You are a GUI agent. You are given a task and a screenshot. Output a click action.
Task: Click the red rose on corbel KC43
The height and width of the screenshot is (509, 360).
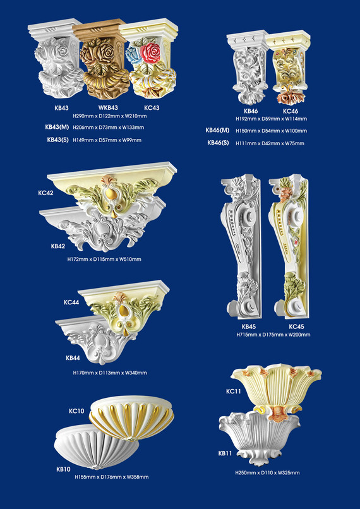150,52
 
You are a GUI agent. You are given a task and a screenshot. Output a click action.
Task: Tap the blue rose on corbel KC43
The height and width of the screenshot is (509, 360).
133,54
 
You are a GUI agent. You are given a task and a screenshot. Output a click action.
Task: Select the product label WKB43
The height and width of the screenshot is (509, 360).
108,107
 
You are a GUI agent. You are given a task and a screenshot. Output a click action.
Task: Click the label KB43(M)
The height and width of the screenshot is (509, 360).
57,127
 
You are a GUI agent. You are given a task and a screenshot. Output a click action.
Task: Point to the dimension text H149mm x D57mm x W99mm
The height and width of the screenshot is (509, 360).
107,140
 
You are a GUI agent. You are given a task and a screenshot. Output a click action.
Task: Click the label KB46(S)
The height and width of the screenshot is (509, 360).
218,143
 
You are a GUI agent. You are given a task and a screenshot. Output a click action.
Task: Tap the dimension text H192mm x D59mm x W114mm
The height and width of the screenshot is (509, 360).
271,119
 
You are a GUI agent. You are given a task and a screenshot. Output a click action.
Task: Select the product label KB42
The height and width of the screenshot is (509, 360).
58,246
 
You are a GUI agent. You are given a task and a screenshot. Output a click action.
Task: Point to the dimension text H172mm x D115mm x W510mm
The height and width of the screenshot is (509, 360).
104,260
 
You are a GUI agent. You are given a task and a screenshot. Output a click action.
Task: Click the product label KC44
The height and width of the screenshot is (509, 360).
71,302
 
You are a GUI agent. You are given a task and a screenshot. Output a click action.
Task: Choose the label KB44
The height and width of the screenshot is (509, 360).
73,357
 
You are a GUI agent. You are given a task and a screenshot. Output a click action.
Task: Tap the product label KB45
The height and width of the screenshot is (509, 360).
249,326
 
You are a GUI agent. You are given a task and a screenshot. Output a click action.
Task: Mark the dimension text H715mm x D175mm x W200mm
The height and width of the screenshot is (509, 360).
273,335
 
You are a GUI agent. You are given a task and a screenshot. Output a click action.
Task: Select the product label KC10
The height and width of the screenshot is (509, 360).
76,411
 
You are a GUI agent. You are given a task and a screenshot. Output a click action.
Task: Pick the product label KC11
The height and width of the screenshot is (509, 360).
233,392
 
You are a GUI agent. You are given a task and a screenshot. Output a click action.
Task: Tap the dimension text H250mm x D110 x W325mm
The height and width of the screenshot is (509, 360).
268,473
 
